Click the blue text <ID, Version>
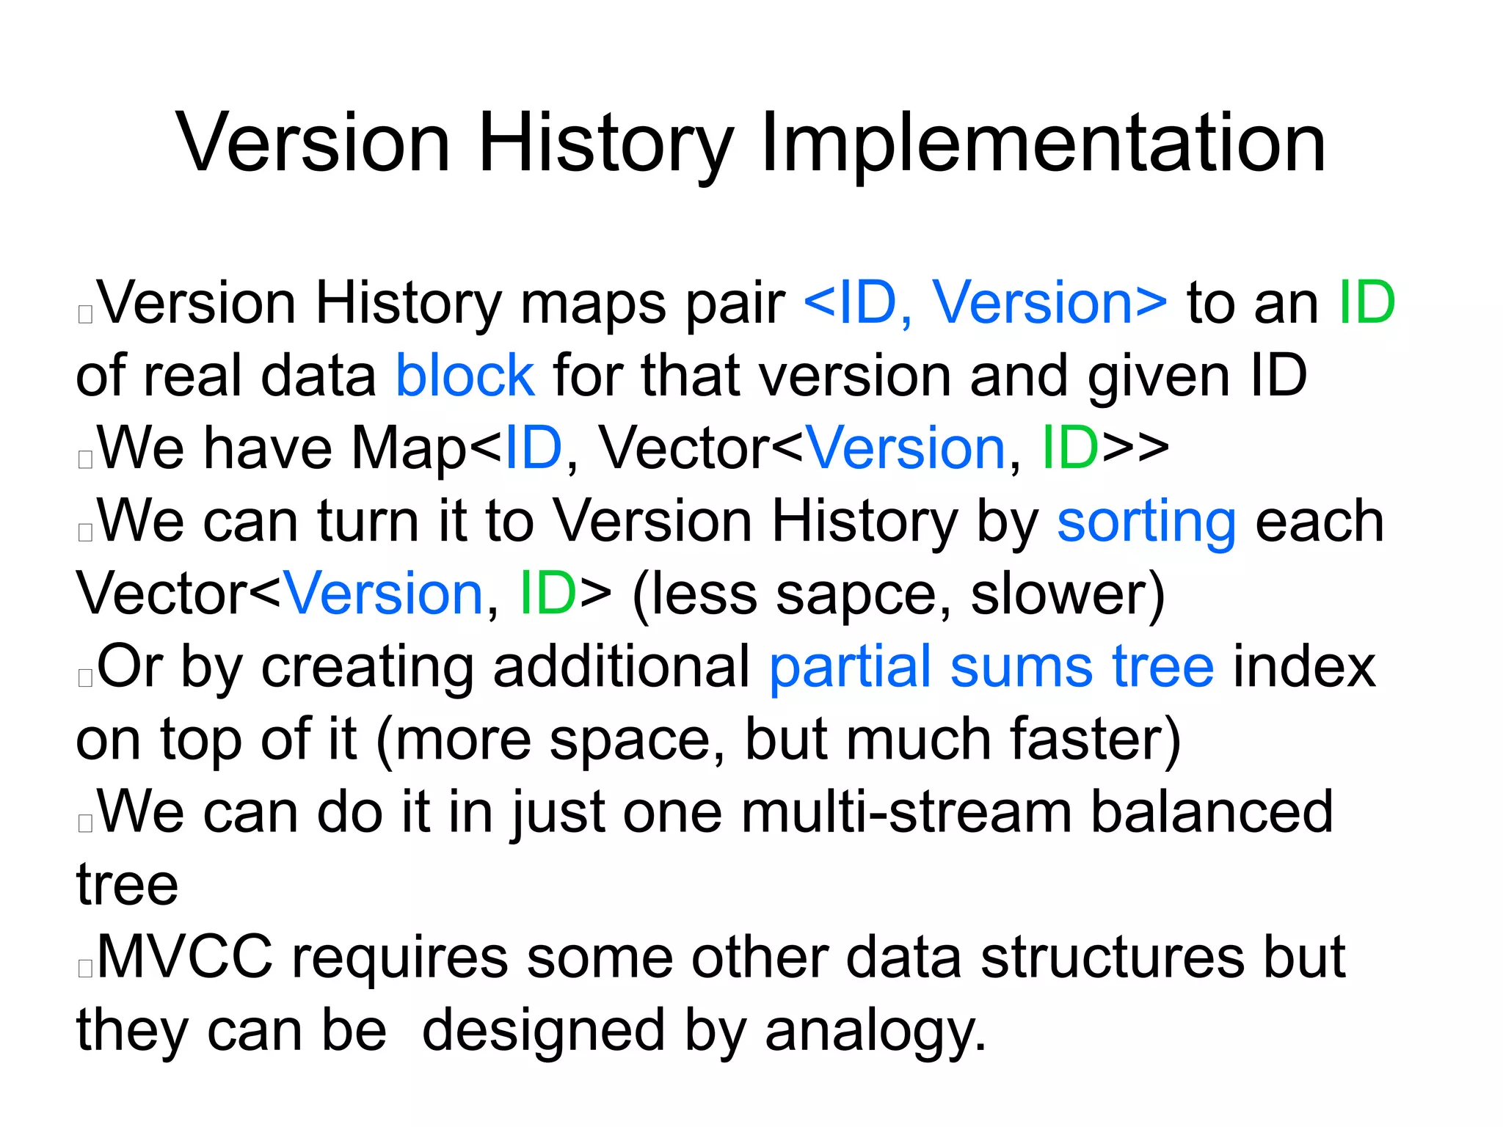[986, 302]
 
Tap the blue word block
[465, 376]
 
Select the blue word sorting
[1146, 522]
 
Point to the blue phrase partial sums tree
[991, 666]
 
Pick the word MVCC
[185, 957]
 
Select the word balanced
[1212, 812]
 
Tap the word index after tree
[1304, 666]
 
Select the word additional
[622, 666]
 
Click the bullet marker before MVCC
[85, 968]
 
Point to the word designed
[544, 1031]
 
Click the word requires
[400, 958]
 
